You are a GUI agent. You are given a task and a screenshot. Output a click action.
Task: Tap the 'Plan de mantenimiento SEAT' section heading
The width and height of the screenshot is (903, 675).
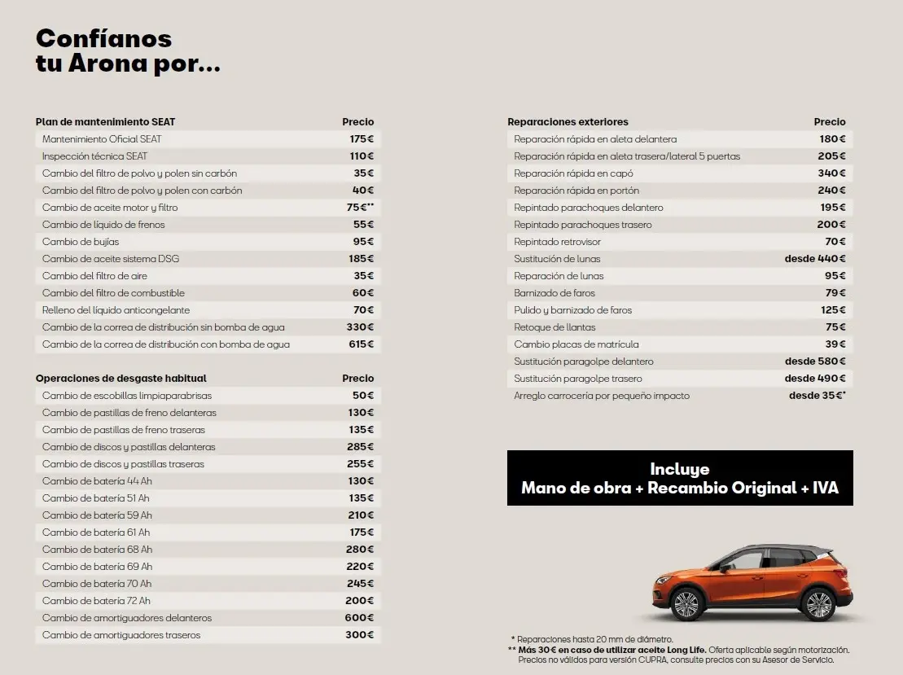106,122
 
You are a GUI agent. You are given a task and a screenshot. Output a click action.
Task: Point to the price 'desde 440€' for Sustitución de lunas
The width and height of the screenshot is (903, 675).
815,259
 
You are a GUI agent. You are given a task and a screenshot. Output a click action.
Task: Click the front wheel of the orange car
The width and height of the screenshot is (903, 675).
686,603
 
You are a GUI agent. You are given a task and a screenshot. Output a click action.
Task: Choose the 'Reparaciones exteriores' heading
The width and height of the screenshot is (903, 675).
568,122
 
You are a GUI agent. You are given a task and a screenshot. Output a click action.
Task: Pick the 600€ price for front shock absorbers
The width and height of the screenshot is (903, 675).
358,618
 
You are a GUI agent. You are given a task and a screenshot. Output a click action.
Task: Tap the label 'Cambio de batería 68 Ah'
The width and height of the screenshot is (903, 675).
97,550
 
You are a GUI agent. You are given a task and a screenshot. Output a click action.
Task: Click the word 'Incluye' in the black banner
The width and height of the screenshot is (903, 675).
680,470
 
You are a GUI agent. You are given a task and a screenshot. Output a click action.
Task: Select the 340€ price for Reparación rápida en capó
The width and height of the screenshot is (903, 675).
831,173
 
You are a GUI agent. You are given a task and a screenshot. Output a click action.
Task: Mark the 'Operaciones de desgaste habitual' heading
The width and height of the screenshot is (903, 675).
121,379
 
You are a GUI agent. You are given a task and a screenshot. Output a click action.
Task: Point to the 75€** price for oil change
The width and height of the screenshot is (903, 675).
360,208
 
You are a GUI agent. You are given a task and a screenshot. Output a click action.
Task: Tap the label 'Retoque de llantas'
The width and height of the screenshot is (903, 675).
555,327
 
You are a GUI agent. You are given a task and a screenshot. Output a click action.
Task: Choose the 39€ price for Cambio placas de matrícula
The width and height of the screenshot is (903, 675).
835,344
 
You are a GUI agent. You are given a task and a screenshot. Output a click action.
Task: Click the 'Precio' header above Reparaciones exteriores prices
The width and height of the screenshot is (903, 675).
830,122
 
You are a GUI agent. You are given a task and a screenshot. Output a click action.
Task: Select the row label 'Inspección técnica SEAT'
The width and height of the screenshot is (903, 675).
95,156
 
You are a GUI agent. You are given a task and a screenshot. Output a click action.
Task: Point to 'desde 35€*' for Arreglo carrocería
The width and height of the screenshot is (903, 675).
818,396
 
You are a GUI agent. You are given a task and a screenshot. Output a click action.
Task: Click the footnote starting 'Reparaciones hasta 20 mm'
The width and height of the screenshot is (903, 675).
595,640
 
